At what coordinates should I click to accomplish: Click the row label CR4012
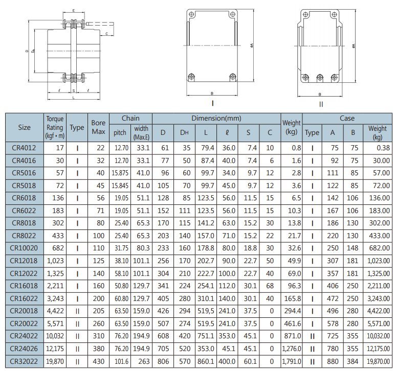point(24,148)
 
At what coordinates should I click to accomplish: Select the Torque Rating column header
point(55,127)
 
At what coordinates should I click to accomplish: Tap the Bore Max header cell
point(99,127)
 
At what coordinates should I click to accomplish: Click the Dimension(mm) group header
point(216,119)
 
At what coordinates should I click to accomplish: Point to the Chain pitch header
point(120,133)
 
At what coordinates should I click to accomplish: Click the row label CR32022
point(24,361)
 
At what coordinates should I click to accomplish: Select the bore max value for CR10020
point(99,248)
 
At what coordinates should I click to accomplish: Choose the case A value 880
point(333,361)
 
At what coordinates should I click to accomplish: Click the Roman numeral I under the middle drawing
point(212,103)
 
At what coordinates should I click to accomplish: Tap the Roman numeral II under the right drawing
point(321,104)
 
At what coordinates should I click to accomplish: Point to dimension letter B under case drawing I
point(212,94)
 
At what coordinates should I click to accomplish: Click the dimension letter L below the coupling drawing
point(74,98)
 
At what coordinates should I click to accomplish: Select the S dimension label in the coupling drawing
point(74,91)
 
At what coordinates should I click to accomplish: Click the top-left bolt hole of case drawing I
point(192,14)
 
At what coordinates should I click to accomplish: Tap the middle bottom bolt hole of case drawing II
point(320,77)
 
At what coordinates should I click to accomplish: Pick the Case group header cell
point(347,119)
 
